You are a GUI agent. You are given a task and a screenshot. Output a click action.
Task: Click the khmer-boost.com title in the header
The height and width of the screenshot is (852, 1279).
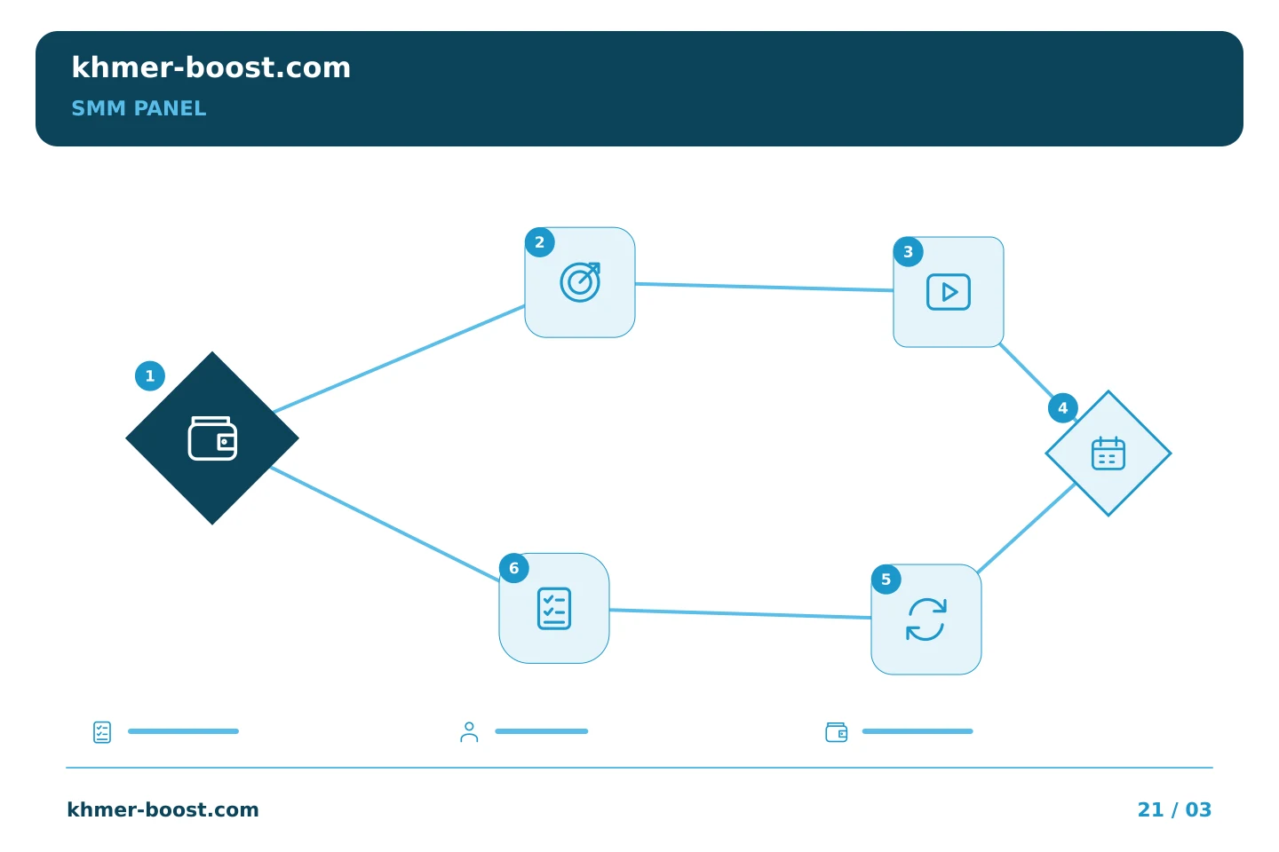pos(211,67)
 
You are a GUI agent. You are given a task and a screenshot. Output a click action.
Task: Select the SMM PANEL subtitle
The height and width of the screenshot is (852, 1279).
pos(139,108)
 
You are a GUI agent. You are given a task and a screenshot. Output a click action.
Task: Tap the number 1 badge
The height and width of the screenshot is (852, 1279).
pos(150,376)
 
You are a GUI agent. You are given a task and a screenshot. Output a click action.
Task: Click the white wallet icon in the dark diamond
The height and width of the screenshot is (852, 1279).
pos(212,438)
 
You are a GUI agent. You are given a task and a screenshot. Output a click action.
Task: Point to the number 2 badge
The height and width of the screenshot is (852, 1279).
pos(540,242)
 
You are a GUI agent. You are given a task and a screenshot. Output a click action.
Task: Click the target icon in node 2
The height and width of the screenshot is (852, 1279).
pos(580,282)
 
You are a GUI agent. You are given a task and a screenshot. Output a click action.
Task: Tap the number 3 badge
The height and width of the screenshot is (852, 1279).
pos(909,252)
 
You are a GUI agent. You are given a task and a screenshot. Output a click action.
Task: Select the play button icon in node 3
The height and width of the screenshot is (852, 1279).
pos(949,292)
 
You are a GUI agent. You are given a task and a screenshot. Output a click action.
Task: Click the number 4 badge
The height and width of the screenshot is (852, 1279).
pos(1062,408)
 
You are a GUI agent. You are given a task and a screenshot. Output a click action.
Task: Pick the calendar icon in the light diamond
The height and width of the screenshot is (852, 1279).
pos(1108,454)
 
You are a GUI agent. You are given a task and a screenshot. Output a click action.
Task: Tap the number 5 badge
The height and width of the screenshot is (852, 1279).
pos(886,580)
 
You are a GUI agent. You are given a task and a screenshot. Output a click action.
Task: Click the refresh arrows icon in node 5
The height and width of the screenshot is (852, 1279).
pos(926,619)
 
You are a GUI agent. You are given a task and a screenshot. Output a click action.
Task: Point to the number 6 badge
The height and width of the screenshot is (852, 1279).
pos(514,568)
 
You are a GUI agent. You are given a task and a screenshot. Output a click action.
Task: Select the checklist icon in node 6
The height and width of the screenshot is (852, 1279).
pos(554,608)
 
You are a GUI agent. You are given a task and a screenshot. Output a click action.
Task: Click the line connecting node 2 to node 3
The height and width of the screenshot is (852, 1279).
pos(764,287)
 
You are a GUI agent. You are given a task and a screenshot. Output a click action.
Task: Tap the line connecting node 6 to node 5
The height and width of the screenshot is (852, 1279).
pos(740,614)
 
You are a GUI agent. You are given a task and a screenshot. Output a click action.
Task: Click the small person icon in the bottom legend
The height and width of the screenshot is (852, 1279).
pos(469,731)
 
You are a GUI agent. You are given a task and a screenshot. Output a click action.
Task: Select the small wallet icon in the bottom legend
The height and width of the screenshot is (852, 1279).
pos(837,732)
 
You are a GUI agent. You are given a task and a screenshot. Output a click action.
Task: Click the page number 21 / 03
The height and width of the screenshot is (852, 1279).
pos(1174,809)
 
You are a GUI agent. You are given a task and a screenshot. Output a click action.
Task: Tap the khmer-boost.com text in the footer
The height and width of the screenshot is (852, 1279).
pos(163,809)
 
